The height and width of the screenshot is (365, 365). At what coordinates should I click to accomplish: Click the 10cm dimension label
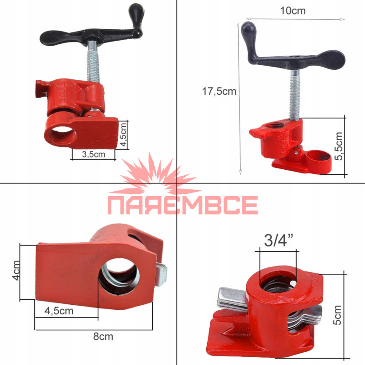pos(292,10)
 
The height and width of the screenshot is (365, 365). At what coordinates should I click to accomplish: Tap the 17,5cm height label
pos(219,91)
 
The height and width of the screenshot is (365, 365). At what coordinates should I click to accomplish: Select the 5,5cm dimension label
pos(339,146)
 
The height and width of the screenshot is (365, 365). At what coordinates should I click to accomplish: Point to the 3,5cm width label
pos(94,154)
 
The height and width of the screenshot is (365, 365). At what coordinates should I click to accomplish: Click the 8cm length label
pos(103,336)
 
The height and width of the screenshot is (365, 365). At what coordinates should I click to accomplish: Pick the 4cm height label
pos(16,271)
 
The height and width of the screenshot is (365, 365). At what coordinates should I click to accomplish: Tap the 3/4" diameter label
pos(278,240)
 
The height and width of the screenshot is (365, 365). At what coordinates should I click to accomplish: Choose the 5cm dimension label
pos(337,315)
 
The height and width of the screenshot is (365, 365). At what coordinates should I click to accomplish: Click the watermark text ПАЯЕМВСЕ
pos(183,205)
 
